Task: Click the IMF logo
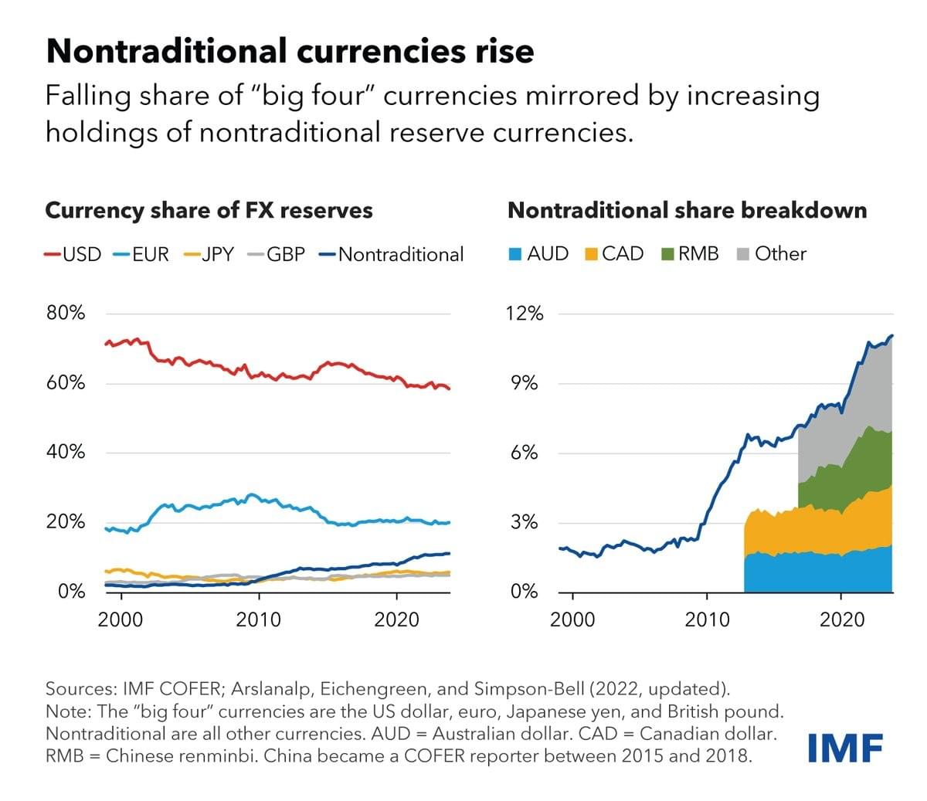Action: point(845,746)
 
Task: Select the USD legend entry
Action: point(73,254)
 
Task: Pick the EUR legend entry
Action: point(141,254)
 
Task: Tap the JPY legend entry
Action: point(209,254)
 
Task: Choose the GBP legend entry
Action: point(276,254)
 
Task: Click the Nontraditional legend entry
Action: point(391,254)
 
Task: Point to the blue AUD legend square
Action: point(515,254)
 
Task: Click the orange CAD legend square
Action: point(592,254)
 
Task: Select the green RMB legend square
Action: point(669,254)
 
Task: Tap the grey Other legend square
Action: point(744,254)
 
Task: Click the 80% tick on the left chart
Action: point(66,313)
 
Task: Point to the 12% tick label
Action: point(525,314)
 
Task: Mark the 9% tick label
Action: point(525,383)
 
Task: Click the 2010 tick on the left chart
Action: point(258,619)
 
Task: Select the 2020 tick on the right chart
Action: point(842,619)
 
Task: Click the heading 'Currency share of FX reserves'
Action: point(209,210)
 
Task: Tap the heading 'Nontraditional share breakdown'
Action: point(687,210)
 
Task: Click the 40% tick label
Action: point(66,452)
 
